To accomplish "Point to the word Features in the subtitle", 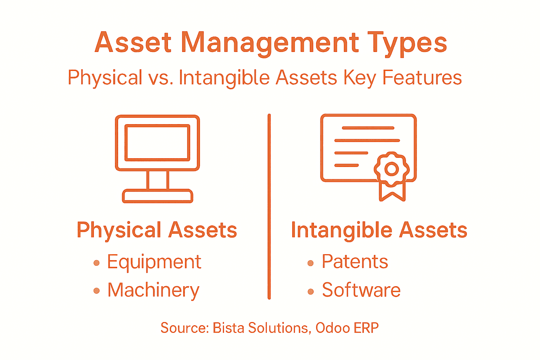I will point(422,78).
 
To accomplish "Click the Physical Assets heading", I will point(157,230).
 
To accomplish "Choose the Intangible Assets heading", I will point(379,230).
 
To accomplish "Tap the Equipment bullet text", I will point(154,262).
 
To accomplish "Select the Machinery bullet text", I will point(153,290).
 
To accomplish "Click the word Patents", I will point(355,262).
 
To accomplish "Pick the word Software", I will point(361,290).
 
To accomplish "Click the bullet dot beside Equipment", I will point(97,263).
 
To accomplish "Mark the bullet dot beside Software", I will point(310,291).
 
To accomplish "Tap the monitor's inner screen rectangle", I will point(157,142).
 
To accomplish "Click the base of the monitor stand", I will point(157,196).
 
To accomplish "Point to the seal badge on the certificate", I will point(392,169).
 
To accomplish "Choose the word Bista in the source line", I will point(229,328).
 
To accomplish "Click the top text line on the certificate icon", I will point(368,128).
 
